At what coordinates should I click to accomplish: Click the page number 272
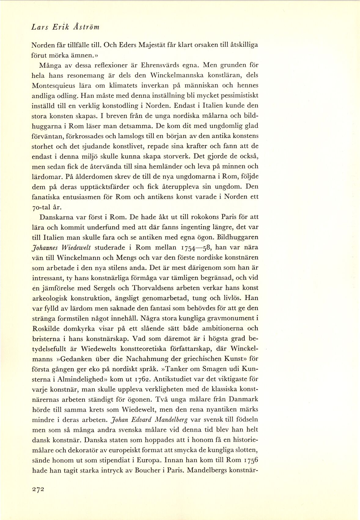click(x=38, y=489)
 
